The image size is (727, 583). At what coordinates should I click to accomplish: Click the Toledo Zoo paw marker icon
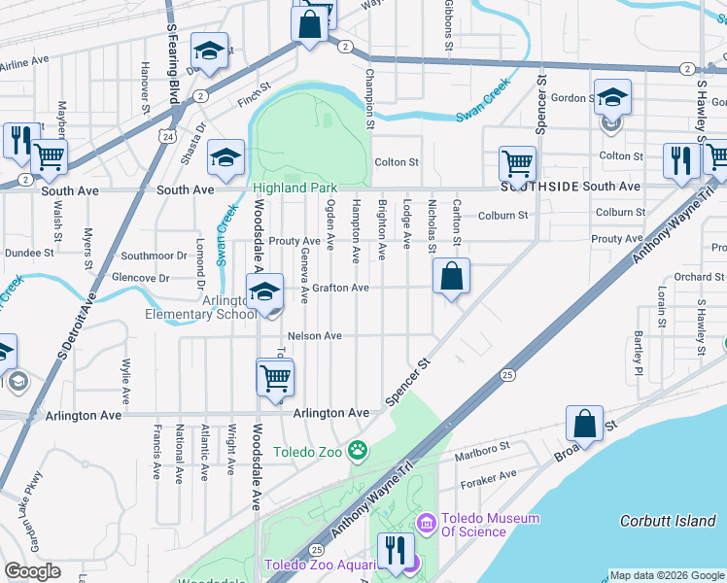click(x=359, y=450)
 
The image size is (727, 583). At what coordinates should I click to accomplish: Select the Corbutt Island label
click(x=668, y=521)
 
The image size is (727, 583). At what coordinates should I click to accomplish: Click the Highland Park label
click(x=294, y=188)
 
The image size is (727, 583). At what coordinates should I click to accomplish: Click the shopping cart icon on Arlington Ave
click(x=276, y=377)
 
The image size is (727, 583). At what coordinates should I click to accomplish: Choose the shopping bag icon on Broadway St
click(x=584, y=424)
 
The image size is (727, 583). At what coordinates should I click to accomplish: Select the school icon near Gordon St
click(x=612, y=98)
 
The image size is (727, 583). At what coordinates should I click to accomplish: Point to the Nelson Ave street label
click(x=315, y=336)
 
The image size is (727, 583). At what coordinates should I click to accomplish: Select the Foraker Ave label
click(x=496, y=475)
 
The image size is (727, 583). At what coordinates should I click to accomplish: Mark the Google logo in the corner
click(x=33, y=570)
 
